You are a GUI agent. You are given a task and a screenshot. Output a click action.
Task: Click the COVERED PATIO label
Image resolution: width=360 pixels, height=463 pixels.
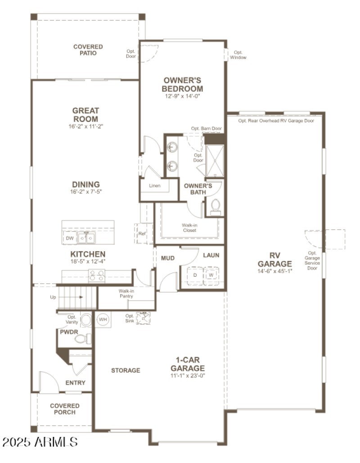tap(88, 50)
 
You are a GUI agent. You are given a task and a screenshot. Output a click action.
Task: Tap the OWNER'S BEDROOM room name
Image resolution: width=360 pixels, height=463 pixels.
tap(182, 85)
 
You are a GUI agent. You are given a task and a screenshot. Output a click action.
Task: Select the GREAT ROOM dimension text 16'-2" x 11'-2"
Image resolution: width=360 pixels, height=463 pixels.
tap(86, 126)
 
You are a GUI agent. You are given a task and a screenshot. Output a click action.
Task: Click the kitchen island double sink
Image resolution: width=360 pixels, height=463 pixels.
tap(87, 238)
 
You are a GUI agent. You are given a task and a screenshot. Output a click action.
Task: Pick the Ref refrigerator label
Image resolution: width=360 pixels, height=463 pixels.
tap(142, 234)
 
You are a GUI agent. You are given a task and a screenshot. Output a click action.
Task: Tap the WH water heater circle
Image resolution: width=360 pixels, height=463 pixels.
tap(103, 319)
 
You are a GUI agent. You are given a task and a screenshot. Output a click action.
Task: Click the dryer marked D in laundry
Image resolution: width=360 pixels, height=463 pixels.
tap(195, 274)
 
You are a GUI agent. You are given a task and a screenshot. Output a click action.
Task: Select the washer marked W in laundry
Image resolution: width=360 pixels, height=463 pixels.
tap(211, 274)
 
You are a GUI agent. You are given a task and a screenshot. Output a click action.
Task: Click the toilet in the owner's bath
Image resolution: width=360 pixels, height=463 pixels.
tap(215, 206)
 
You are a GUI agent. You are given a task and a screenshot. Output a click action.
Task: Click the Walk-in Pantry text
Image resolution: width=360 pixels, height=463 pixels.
tap(126, 294)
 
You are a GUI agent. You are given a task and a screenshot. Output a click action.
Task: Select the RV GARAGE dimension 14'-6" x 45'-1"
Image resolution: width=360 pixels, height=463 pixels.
tap(275, 271)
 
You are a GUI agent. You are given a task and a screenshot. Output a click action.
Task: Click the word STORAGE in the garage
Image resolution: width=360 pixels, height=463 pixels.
tap(126, 370)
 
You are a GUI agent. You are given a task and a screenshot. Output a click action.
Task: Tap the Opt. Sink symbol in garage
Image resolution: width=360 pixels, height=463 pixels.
tap(144, 319)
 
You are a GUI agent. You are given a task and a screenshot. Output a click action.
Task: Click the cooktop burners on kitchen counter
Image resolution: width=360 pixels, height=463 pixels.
tap(97, 274)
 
